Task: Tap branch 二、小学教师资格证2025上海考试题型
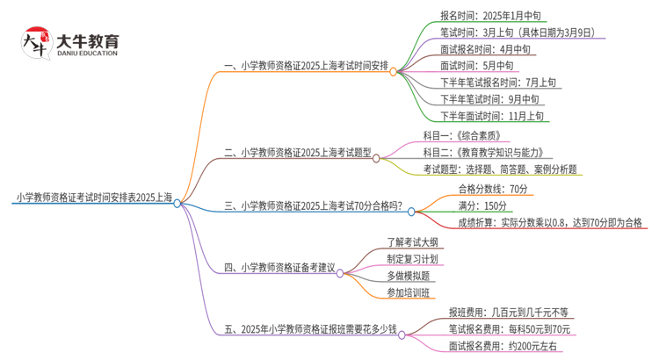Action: (x=298, y=153)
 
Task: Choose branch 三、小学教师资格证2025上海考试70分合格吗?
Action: (x=314, y=206)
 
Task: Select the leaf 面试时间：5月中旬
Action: (x=478, y=66)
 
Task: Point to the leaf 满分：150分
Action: (x=482, y=205)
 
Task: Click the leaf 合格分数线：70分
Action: (x=493, y=188)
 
